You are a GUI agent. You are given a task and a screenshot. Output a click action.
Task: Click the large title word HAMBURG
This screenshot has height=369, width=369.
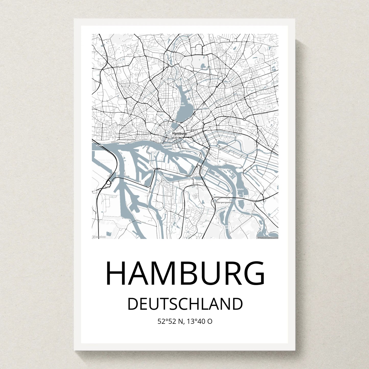(x=185, y=273)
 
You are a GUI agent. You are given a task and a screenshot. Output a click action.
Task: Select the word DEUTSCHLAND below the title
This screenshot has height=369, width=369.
(x=185, y=304)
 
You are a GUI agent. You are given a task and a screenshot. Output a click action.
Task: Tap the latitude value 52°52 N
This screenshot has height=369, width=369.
(x=171, y=322)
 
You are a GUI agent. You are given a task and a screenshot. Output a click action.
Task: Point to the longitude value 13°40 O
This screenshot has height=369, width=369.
(x=199, y=322)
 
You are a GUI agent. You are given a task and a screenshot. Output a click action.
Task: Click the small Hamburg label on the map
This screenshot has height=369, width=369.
(x=179, y=133)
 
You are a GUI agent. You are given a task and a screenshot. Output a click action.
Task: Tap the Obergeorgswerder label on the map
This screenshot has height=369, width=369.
(x=225, y=202)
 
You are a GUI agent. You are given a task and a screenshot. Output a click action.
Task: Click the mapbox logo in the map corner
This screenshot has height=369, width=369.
(x=99, y=237)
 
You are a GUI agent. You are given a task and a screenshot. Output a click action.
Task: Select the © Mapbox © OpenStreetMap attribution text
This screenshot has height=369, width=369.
(x=268, y=237)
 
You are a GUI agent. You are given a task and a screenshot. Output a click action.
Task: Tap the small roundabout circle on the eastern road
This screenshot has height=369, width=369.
(x=244, y=120)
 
